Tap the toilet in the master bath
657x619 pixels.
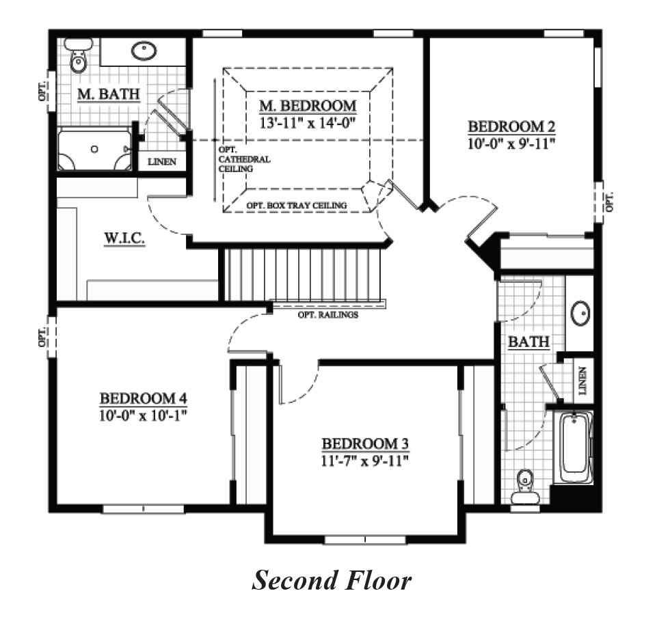[x=79, y=57]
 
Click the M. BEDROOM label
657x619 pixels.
[x=308, y=106]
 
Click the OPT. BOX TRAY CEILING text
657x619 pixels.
[x=296, y=205]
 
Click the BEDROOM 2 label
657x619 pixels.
[x=511, y=126]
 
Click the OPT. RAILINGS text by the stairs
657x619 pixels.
[x=327, y=315]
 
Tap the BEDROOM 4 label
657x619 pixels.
[x=144, y=398]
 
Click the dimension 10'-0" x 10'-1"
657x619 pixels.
[x=144, y=415]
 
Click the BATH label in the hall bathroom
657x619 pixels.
[x=528, y=342]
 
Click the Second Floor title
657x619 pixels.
[x=332, y=581]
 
